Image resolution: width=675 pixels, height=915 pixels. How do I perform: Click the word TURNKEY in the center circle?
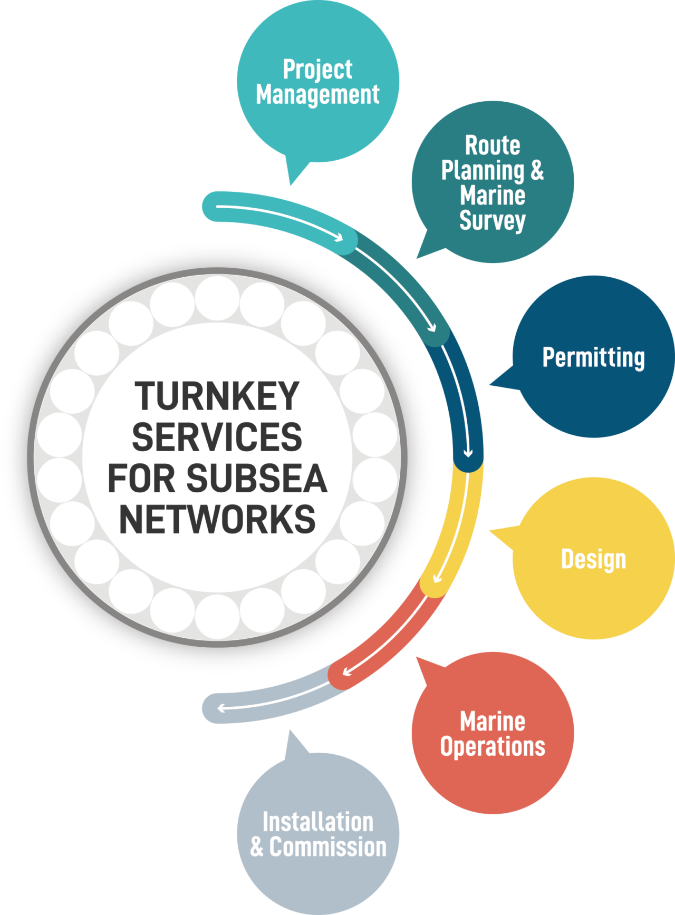(x=217, y=396)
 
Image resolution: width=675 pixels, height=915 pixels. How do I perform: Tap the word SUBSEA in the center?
(x=256, y=479)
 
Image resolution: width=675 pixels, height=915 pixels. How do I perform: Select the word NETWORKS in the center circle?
(x=217, y=520)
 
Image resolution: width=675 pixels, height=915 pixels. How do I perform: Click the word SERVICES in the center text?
(x=217, y=437)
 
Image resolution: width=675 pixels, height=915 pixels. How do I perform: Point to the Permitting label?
(x=593, y=357)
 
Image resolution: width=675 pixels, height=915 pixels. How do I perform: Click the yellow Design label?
(x=593, y=559)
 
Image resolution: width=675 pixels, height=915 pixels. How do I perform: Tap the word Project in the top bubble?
(x=317, y=70)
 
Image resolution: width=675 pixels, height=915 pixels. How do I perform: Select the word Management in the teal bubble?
(x=317, y=95)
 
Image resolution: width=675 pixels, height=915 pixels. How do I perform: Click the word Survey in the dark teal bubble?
(x=492, y=220)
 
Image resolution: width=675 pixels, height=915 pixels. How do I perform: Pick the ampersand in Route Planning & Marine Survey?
(x=537, y=170)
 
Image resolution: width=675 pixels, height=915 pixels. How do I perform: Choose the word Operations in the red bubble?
(x=492, y=746)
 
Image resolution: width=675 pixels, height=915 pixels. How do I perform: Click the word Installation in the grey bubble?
(x=318, y=822)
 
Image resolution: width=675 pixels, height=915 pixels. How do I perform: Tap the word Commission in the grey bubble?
(x=327, y=847)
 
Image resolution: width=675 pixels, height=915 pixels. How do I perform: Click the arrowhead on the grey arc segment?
(x=220, y=708)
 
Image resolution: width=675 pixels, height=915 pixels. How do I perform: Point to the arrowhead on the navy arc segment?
(x=468, y=453)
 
